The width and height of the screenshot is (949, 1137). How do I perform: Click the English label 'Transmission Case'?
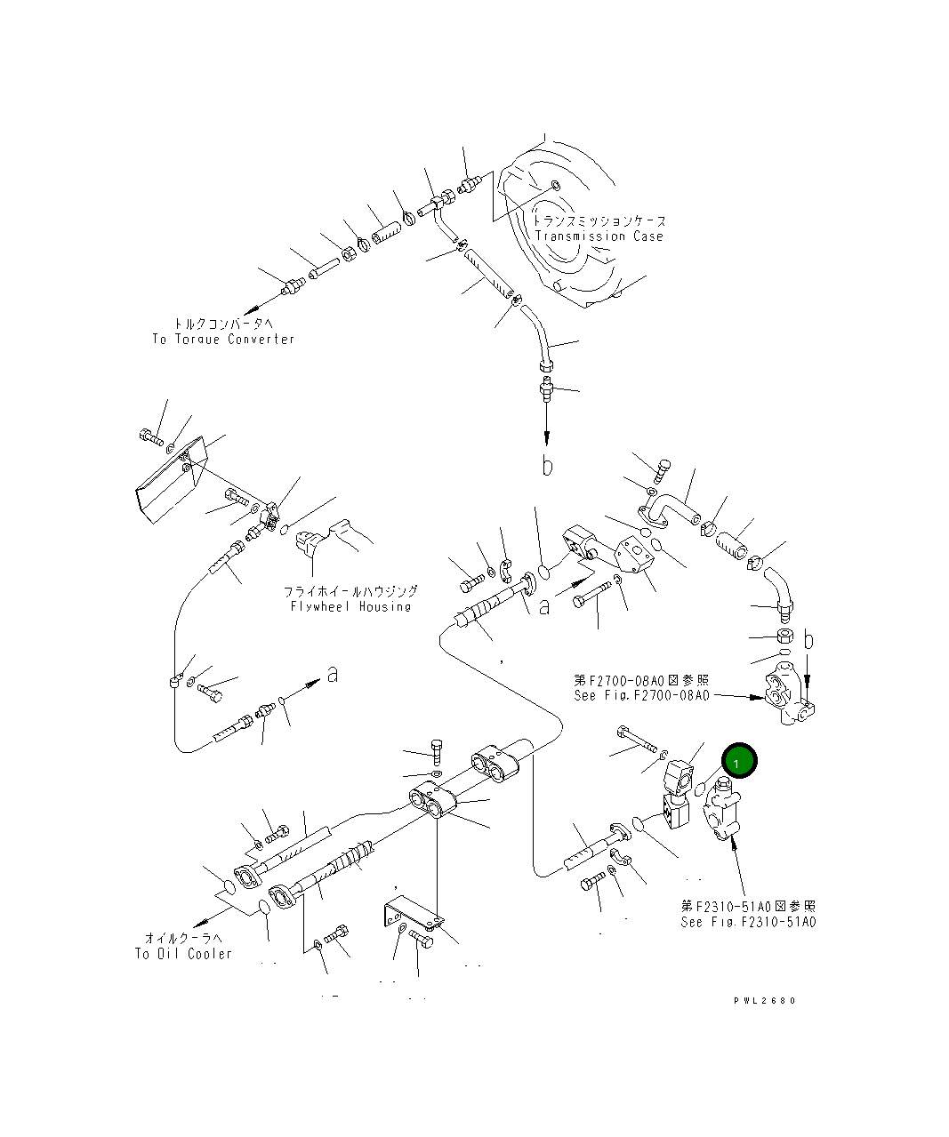coord(599,236)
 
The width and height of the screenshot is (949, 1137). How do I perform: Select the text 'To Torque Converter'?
coord(222,339)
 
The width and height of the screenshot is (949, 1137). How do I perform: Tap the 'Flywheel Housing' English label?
coord(350,606)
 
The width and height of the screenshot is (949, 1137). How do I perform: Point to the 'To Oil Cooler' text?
coord(183,954)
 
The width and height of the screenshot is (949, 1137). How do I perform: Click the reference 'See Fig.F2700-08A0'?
coord(641,695)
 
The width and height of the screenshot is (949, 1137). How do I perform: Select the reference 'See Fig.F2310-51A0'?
coord(748,922)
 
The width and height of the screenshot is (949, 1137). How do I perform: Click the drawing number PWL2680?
coord(764,1000)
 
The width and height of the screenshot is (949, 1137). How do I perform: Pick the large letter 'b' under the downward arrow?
coord(548,466)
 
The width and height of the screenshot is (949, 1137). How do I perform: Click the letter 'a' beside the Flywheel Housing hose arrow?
coord(332,675)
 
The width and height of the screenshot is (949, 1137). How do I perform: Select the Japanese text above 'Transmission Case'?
coord(599,220)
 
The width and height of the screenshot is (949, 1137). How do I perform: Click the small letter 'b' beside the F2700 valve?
coord(808,639)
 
